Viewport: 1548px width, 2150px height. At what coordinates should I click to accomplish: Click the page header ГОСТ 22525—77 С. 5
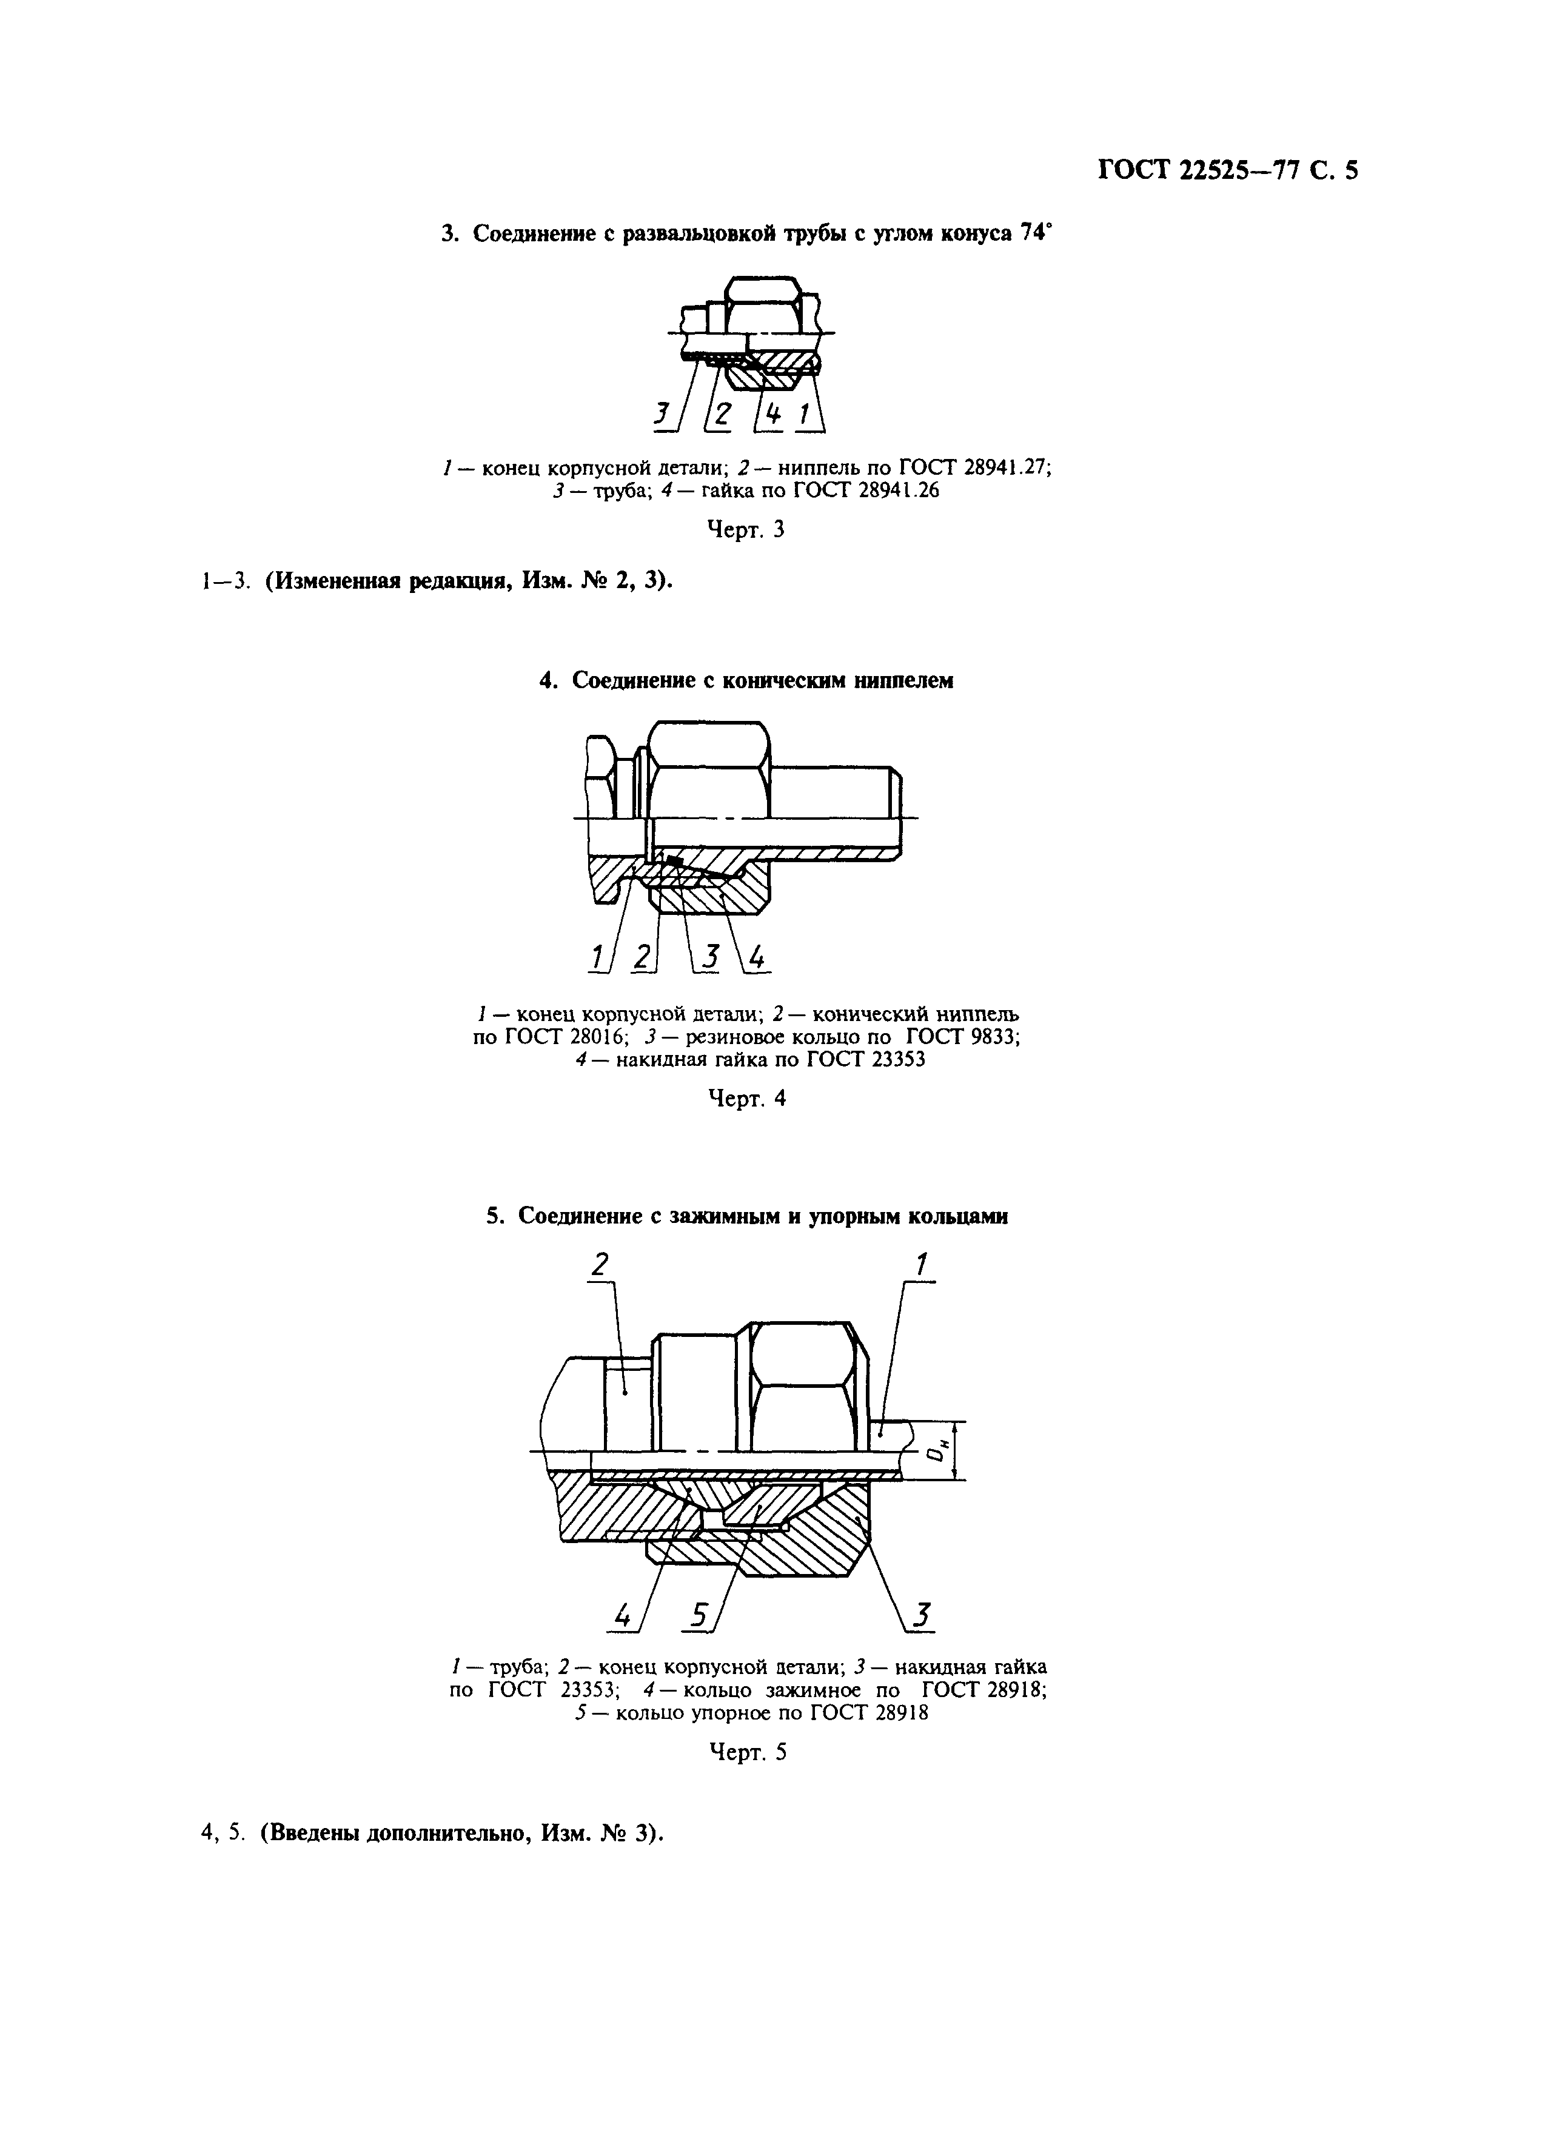1228,170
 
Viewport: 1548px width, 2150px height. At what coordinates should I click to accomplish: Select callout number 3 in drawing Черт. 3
661,414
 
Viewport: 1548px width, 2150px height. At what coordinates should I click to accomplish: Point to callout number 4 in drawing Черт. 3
774,414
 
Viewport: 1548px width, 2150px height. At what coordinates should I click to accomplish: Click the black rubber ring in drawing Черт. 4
674,860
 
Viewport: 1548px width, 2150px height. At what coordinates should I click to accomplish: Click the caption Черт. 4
747,1099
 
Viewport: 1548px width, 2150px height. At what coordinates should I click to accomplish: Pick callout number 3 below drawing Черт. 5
919,1613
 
